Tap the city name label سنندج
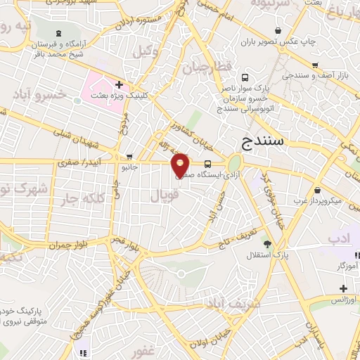(262, 140)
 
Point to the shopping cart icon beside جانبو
(128, 156)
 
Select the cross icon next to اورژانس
(343, 288)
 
